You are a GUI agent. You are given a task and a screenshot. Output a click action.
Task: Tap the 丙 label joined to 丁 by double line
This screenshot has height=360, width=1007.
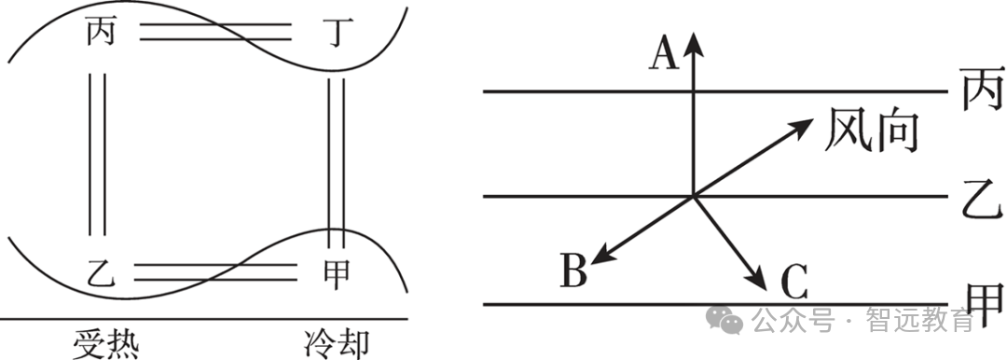(x=102, y=32)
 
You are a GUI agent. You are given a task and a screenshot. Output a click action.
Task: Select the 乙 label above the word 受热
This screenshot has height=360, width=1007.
(x=101, y=274)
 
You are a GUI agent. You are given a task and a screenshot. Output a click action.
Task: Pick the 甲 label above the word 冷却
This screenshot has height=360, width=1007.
(x=336, y=274)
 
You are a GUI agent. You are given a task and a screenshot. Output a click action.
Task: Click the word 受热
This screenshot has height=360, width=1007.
(x=105, y=344)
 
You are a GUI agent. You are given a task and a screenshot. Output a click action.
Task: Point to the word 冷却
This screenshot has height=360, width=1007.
(x=337, y=344)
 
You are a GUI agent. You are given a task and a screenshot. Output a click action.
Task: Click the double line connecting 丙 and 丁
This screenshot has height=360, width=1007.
(x=215, y=32)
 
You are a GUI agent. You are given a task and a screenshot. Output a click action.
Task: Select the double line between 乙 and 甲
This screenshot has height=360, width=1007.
(x=215, y=272)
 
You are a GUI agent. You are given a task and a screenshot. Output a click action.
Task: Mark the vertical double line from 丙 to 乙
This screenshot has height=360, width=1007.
(x=97, y=154)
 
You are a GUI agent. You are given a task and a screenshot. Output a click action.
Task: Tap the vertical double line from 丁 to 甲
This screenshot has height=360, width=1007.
(x=336, y=163)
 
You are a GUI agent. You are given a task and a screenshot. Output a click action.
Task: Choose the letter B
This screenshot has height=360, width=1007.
(x=573, y=270)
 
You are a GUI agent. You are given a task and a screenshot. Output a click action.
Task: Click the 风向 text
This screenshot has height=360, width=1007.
(x=871, y=130)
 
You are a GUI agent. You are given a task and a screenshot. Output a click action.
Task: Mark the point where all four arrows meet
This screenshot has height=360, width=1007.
(x=694, y=196)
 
